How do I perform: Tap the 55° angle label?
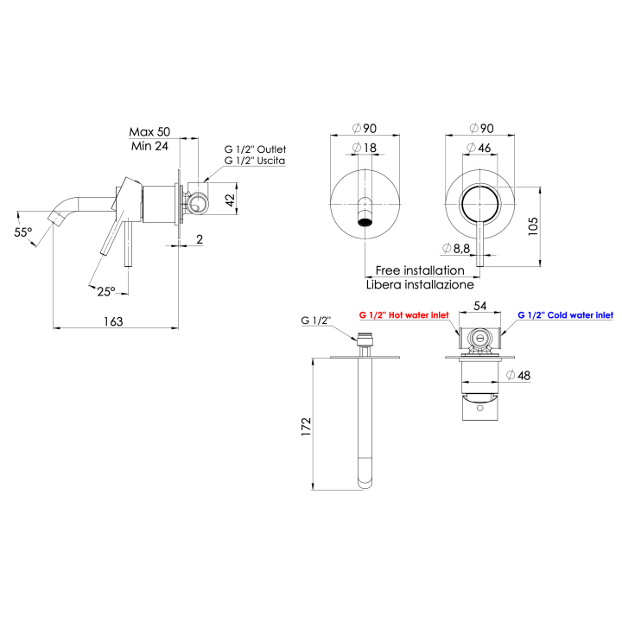(23, 232)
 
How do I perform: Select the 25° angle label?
(105, 291)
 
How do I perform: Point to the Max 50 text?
(150, 131)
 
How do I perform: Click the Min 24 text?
(149, 146)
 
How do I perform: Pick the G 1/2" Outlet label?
(255, 149)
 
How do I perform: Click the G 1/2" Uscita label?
(255, 162)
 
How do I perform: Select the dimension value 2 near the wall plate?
(200, 239)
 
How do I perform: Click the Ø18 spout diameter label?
(365, 149)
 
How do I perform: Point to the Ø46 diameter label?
(479, 149)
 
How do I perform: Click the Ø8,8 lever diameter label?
(455, 249)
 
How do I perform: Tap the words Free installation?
(420, 270)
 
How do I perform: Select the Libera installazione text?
(420, 283)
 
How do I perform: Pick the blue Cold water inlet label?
(565, 316)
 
